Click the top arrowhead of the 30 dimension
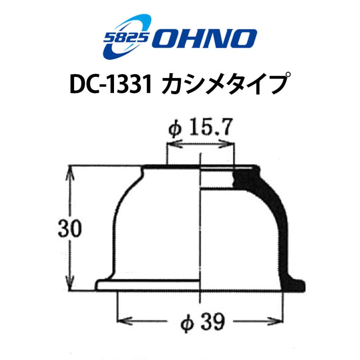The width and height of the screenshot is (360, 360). point(71,170)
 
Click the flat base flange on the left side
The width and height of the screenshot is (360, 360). point(148,285)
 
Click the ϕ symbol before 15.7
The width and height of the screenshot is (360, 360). point(175,130)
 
